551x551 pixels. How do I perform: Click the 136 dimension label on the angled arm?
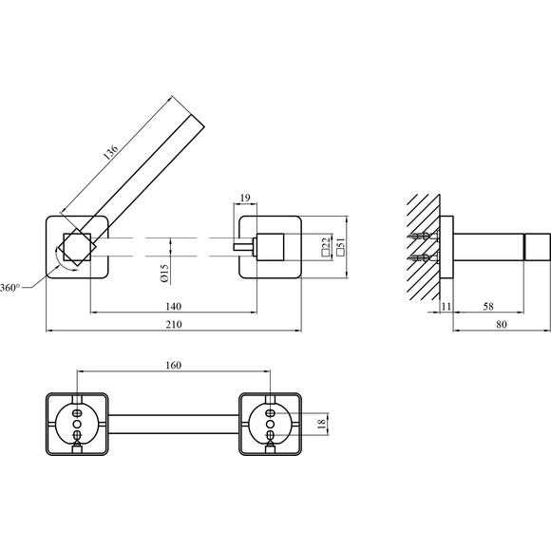pyautogui.click(x=111, y=151)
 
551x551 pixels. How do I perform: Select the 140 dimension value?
pyautogui.click(x=174, y=307)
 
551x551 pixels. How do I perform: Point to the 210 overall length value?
pyautogui.click(x=174, y=324)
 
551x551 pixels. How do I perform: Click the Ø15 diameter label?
pyautogui.click(x=164, y=274)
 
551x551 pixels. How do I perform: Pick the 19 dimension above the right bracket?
pyautogui.click(x=245, y=198)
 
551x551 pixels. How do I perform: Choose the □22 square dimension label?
pyautogui.click(x=326, y=246)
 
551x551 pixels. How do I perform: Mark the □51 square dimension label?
pyautogui.click(x=340, y=246)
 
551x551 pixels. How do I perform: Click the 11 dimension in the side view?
pyautogui.click(x=446, y=307)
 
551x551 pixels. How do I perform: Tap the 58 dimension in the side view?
pyautogui.click(x=488, y=307)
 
